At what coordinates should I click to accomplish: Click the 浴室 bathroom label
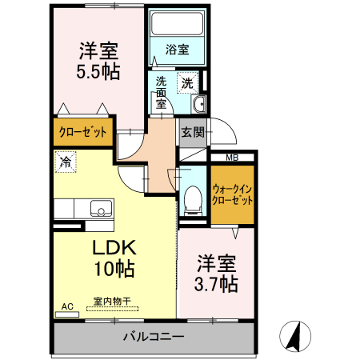(177, 50)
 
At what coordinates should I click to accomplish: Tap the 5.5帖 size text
(99, 72)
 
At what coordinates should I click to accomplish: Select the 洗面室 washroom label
(162, 91)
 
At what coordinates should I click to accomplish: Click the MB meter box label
(231, 157)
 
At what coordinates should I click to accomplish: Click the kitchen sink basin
(100, 208)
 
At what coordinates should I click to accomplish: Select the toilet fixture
(192, 200)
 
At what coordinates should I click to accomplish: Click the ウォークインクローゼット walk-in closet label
(233, 194)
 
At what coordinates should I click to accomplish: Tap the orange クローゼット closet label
(82, 132)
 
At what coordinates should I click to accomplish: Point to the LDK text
(114, 246)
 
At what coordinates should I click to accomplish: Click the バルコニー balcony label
(154, 337)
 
